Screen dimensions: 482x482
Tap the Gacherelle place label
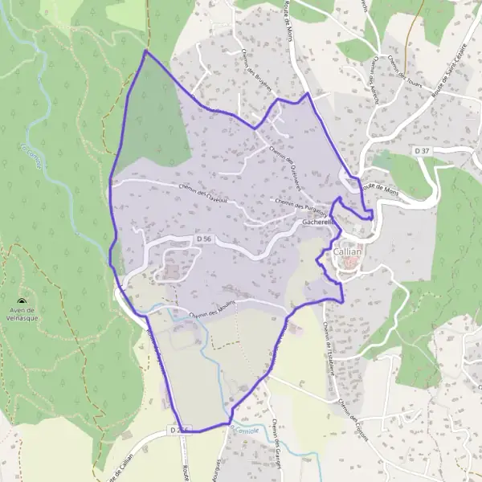coord(317,223)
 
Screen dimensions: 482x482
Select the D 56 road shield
coord(205,239)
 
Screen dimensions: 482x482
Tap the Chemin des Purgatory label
coord(302,206)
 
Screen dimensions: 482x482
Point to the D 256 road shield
coord(180,431)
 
